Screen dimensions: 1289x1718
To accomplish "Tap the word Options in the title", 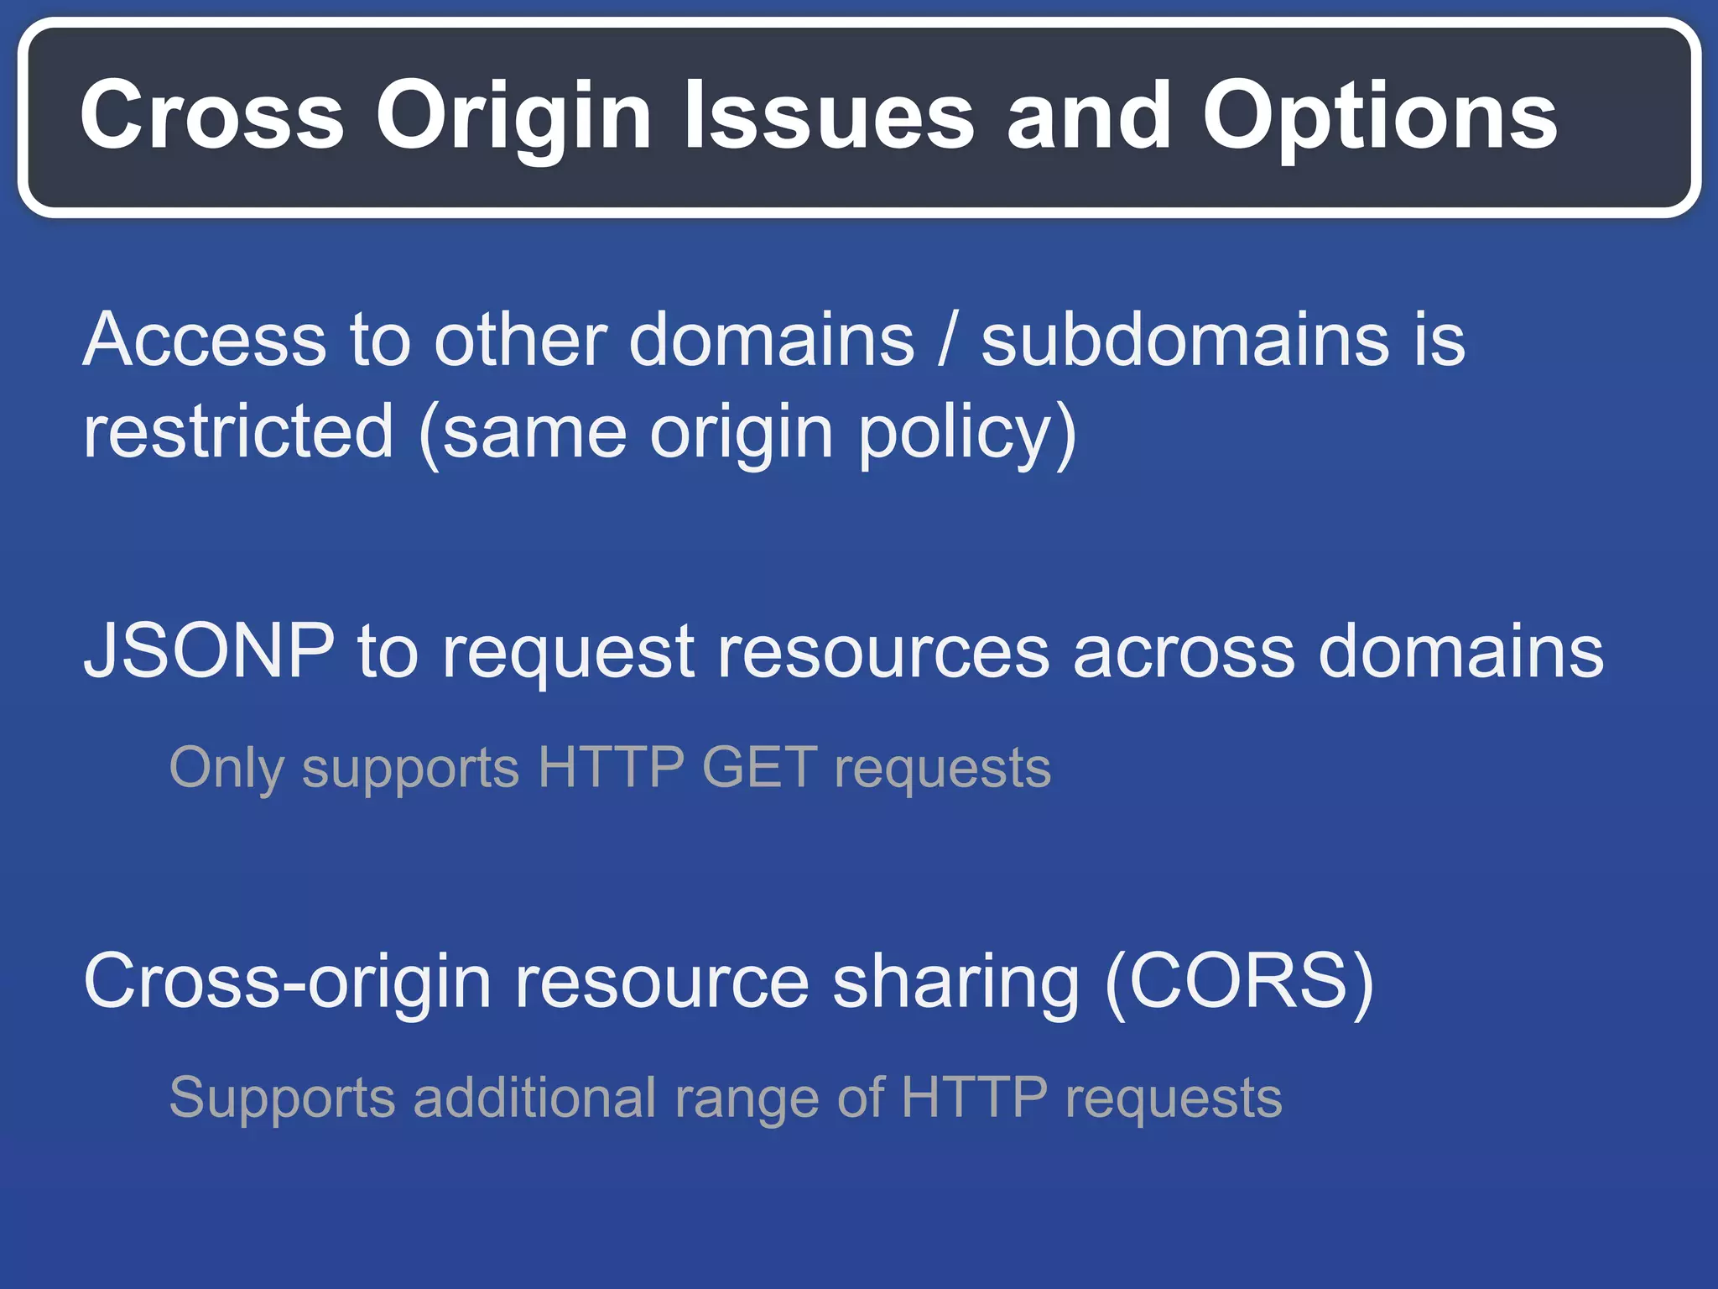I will pos(1379,117).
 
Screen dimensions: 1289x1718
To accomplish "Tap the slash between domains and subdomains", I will pos(947,342).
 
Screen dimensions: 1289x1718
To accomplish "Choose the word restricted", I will pos(238,431).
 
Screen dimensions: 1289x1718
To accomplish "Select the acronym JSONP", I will pos(209,651).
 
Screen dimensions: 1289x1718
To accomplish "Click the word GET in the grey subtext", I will pos(759,767).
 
